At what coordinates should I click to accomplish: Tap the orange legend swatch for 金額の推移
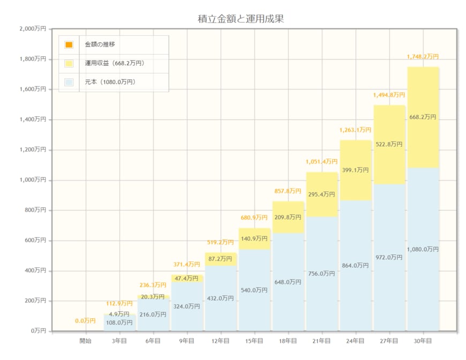[x=69, y=44]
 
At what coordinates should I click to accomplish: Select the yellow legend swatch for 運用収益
[x=69, y=63]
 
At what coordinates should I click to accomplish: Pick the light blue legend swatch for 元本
[x=69, y=82]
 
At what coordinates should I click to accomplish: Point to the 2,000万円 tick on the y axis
[x=33, y=29]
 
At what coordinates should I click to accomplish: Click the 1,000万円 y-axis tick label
[x=33, y=180]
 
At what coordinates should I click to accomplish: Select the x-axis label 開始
[x=86, y=341]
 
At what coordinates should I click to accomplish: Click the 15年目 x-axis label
[x=254, y=341]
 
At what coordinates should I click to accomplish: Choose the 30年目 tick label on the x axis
[x=423, y=341]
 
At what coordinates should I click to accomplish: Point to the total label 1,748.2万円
[x=423, y=56]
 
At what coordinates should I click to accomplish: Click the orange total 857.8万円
[x=288, y=191]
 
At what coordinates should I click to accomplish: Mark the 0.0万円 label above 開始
[x=86, y=321]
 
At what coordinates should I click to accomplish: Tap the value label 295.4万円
[x=322, y=194]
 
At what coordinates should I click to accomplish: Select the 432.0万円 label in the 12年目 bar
[x=221, y=298]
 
